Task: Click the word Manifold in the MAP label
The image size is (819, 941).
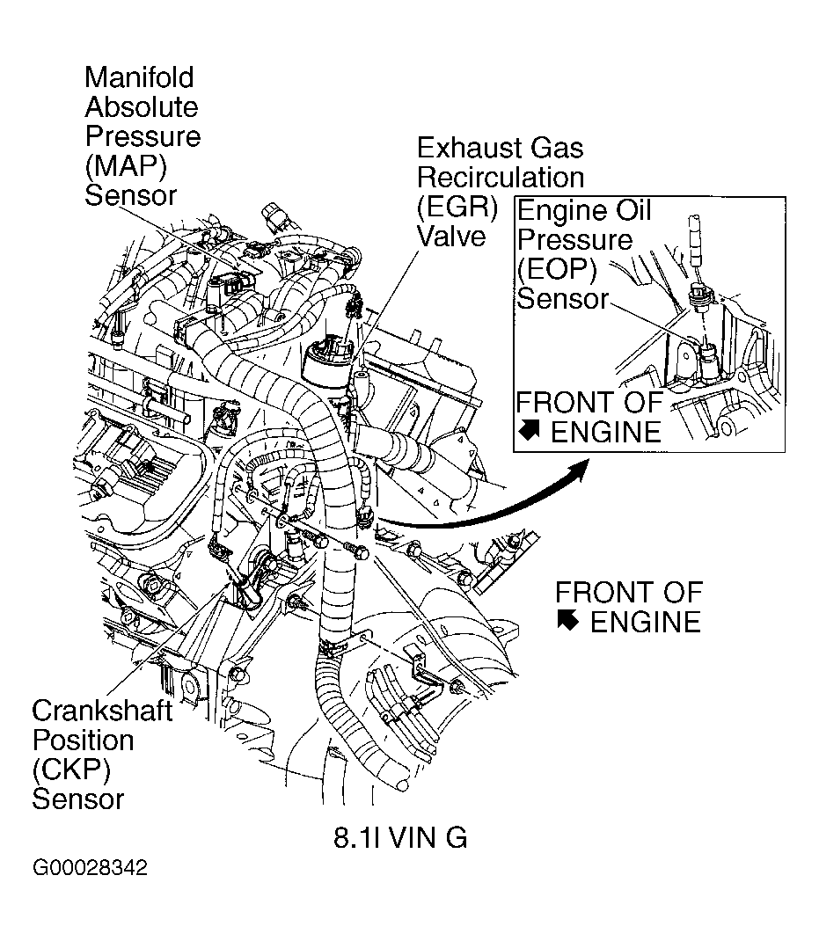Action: (x=139, y=77)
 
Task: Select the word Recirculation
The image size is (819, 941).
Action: (x=500, y=177)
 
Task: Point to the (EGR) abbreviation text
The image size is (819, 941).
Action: (x=457, y=208)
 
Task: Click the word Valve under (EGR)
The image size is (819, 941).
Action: (x=450, y=237)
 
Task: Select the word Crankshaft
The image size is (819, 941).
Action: (x=102, y=711)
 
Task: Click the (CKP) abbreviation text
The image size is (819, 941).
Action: (x=71, y=770)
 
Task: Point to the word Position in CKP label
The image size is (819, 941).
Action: (x=83, y=740)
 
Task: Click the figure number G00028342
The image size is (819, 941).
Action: (x=90, y=869)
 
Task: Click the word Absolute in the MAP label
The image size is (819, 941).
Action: (x=141, y=107)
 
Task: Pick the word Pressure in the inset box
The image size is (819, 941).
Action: (x=574, y=240)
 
